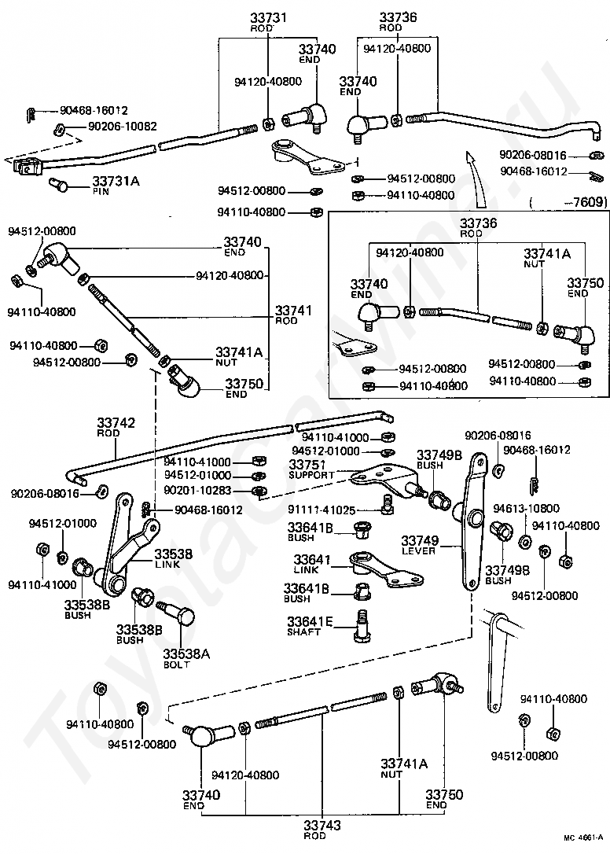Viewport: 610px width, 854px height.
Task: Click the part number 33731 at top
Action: pyautogui.click(x=269, y=17)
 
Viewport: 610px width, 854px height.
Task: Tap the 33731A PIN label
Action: pyautogui.click(x=116, y=185)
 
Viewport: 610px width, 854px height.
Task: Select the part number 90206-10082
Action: pyautogui.click(x=123, y=127)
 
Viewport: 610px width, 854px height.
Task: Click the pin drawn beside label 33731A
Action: pyautogui.click(x=60, y=186)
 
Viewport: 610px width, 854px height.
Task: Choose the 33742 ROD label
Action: pyautogui.click(x=116, y=427)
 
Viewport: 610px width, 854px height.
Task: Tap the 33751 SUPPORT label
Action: pyautogui.click(x=311, y=469)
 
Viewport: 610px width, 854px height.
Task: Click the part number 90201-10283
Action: pyautogui.click(x=197, y=491)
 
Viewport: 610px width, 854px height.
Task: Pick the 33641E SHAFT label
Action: pyautogui.click(x=310, y=626)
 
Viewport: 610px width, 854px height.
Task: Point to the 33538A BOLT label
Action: pyautogui.click(x=186, y=658)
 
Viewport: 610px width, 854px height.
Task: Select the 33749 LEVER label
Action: pyautogui.click(x=420, y=545)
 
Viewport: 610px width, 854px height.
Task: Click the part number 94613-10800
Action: pyautogui.click(x=526, y=509)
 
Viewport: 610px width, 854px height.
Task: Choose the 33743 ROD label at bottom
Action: pyautogui.click(x=322, y=830)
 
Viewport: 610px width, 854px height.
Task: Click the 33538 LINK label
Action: pyautogui.click(x=173, y=559)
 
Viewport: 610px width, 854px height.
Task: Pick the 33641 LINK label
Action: pyautogui.click(x=312, y=565)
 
